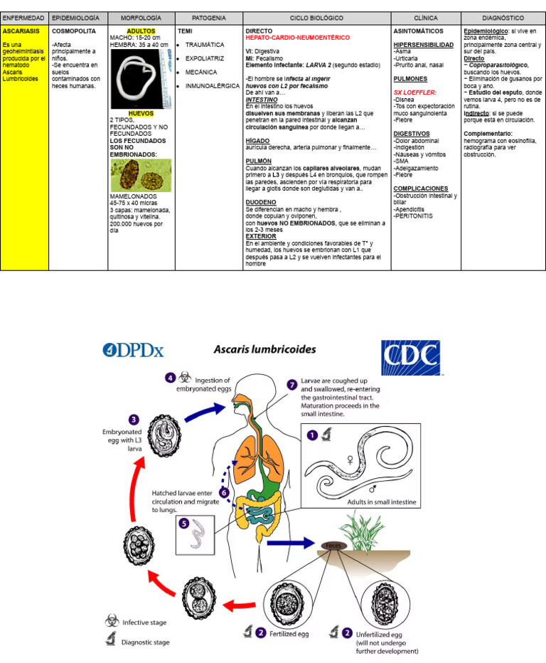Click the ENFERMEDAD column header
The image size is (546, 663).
(x=24, y=17)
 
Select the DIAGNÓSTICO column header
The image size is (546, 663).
(x=503, y=17)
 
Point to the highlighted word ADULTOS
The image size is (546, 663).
(x=141, y=31)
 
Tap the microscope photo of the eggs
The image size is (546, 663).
(x=141, y=175)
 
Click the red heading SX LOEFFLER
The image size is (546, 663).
(x=415, y=92)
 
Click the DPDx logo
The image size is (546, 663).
(x=133, y=350)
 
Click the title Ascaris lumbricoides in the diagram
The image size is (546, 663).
(x=265, y=350)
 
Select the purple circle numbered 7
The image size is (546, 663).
(x=292, y=384)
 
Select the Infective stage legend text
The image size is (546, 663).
(x=145, y=622)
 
